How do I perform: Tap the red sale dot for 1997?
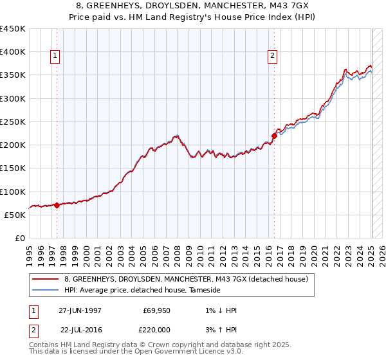[57, 206]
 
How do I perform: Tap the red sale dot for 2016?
[274, 136]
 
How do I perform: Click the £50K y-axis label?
[15, 215]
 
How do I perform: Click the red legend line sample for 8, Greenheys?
[46, 280]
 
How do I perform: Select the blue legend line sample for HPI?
[46, 291]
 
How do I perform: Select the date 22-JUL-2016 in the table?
[80, 328]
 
